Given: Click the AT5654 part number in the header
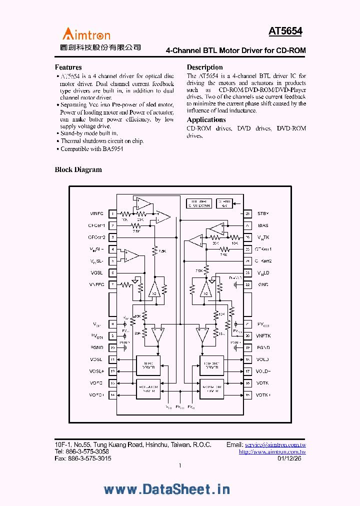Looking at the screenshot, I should [x=285, y=31].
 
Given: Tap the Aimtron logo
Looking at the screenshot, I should [x=86, y=34].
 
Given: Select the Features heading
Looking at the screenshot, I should [x=68, y=67].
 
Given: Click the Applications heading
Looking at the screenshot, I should [x=206, y=120].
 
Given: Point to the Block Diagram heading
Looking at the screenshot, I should [x=78, y=170].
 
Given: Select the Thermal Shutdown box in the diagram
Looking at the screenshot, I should [x=198, y=203].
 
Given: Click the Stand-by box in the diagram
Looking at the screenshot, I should [x=223, y=203].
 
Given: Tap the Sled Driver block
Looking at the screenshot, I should [x=149, y=365].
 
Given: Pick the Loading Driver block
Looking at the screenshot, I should [x=211, y=365].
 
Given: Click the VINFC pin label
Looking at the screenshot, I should [x=96, y=213].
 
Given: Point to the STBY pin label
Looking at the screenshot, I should [x=263, y=213].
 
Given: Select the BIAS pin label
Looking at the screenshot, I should [x=263, y=225].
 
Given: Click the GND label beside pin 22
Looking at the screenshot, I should [x=263, y=284].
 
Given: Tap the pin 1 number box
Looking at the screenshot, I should [x=113, y=214].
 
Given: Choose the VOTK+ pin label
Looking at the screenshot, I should [x=263, y=395].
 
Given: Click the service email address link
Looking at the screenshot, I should [x=275, y=444].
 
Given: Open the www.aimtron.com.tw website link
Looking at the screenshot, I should [x=272, y=451].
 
